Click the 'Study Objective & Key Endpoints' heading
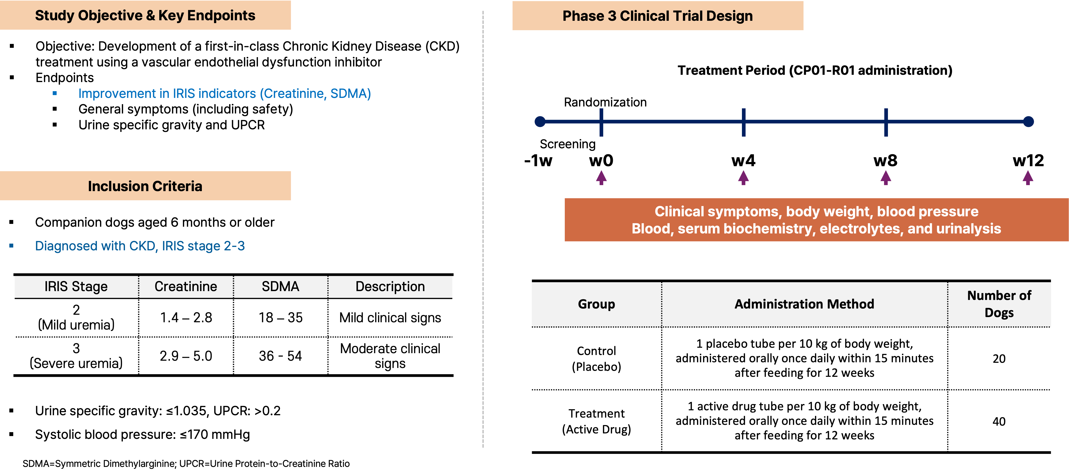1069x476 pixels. pos(145,15)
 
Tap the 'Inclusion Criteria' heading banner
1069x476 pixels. pos(145,186)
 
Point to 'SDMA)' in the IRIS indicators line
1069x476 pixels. pos(351,94)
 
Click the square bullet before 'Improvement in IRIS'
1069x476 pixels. pos(54,94)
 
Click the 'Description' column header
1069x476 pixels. pos(390,287)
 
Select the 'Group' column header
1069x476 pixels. pos(596,304)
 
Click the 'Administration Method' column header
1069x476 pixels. pos(804,304)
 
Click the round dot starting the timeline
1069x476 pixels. pos(540,122)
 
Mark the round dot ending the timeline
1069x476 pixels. pos(1028,122)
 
